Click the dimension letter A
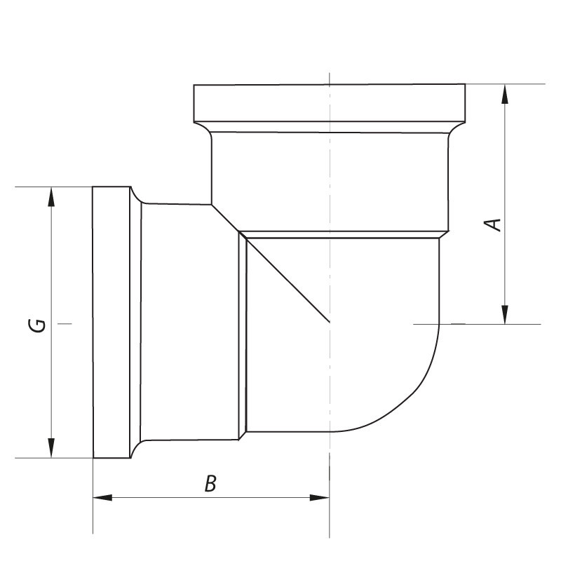point(494,224)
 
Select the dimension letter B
point(210,484)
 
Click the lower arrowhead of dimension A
point(504,315)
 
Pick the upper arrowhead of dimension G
point(50,196)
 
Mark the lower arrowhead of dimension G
point(50,449)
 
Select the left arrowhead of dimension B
point(102,498)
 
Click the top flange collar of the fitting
point(330,102)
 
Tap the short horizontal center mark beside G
point(65,323)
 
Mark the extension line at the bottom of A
point(484,324)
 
